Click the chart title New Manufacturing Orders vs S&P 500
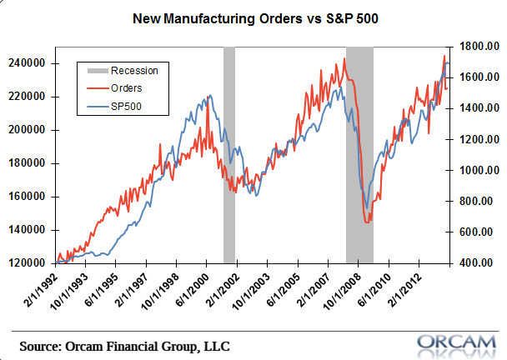(253, 17)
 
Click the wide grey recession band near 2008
(359, 125)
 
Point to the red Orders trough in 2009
(368, 222)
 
